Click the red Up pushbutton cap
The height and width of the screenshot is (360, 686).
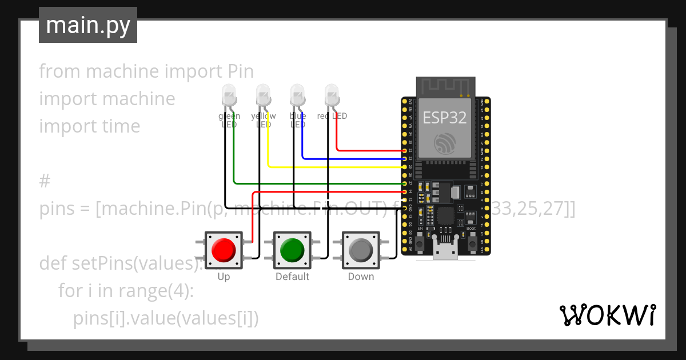click(x=224, y=250)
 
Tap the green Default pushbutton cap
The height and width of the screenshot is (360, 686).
click(x=292, y=250)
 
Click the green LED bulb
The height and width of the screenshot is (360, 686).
click(x=229, y=94)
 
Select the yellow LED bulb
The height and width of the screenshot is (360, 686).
click(x=263, y=94)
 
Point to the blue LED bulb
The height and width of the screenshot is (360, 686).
click(x=297, y=94)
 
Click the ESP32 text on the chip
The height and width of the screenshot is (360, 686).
click(x=445, y=118)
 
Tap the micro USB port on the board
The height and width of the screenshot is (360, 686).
click(x=445, y=251)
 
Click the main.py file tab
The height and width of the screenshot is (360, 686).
click(x=88, y=25)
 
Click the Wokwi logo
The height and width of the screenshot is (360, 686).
click(x=607, y=315)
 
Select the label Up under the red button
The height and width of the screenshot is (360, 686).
click(x=224, y=277)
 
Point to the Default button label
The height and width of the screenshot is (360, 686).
click(x=292, y=277)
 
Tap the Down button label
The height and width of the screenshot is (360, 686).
click(x=361, y=277)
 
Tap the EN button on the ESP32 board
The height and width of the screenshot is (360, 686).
click(x=420, y=243)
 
